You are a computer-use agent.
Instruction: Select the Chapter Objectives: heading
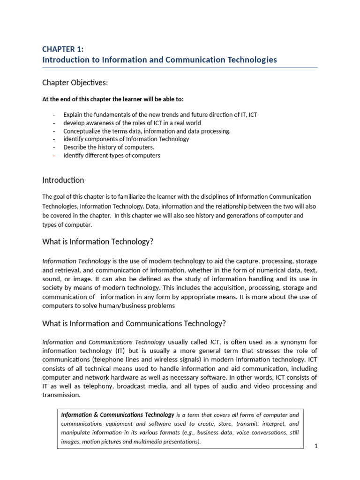[x=75, y=82]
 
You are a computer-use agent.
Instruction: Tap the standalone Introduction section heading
[x=63, y=180]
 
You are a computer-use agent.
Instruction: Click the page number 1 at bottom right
[x=316, y=446]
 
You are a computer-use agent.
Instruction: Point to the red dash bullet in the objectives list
[x=55, y=156]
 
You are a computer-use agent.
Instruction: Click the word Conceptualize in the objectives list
[x=82, y=131]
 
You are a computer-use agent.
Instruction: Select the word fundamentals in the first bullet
[x=109, y=115]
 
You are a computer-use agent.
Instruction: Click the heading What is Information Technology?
[x=98, y=241]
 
